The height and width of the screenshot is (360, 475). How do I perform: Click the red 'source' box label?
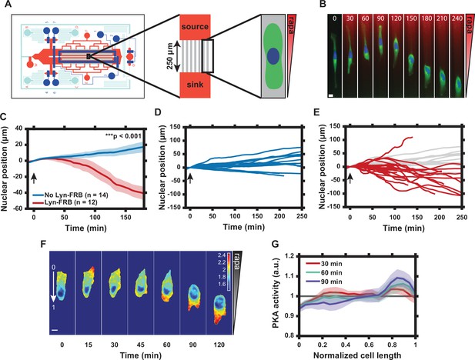[x=195, y=27]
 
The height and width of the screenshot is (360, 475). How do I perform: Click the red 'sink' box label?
[x=195, y=85]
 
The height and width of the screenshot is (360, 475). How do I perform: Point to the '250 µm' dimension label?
[x=170, y=56]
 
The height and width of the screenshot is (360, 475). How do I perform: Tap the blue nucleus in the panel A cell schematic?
[x=274, y=56]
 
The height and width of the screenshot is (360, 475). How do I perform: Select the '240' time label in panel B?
[x=457, y=18]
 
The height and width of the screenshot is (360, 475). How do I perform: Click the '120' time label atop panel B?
[x=396, y=18]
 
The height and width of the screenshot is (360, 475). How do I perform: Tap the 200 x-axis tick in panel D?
[x=279, y=216]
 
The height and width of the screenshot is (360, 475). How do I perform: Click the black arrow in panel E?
[x=350, y=178]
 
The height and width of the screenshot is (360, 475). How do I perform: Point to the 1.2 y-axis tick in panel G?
[x=290, y=256]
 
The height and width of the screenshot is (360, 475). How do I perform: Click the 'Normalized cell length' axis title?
[x=357, y=355]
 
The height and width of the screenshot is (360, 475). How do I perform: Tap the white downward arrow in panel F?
[x=53, y=287]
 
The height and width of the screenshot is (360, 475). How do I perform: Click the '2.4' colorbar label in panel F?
[x=222, y=255]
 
